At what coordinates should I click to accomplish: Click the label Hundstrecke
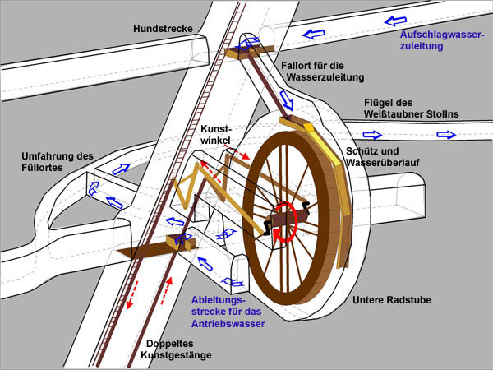click(164, 29)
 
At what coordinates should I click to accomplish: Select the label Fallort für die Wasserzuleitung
click(320, 71)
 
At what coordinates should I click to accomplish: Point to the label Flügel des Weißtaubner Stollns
click(412, 109)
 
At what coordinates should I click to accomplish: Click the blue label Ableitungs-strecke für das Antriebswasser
click(228, 312)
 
